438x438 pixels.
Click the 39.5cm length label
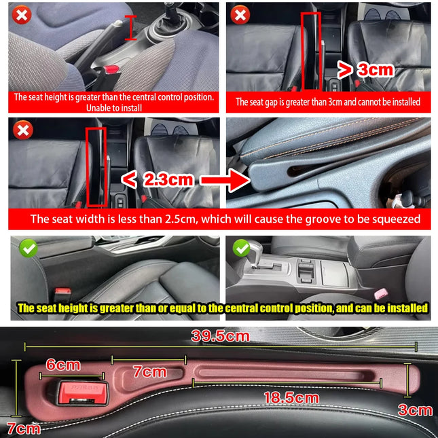(220, 336)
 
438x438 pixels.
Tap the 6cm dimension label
(63, 365)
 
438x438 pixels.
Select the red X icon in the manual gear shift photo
(22, 14)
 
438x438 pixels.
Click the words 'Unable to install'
(114, 107)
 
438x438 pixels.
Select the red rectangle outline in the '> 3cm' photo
(312, 50)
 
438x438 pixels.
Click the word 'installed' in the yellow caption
(407, 308)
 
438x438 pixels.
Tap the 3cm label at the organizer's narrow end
(415, 409)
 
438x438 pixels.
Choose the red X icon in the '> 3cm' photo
(240, 14)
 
